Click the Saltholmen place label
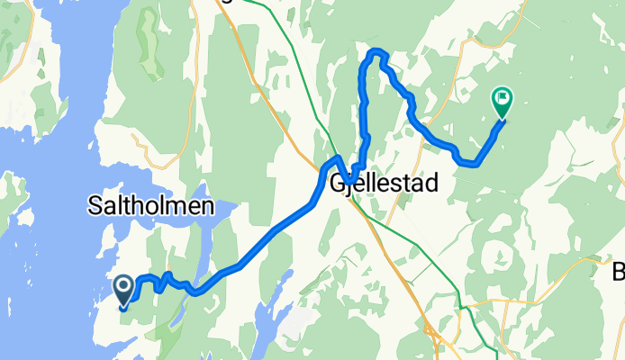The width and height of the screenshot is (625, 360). coord(151,206)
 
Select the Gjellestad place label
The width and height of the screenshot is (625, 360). coord(385,184)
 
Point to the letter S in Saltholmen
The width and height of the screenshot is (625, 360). coord(95,206)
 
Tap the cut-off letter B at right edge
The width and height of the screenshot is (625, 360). coord(619,271)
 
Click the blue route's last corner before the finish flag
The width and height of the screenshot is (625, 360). coord(468,163)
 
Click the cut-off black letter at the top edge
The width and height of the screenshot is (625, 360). coord(226,2)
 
